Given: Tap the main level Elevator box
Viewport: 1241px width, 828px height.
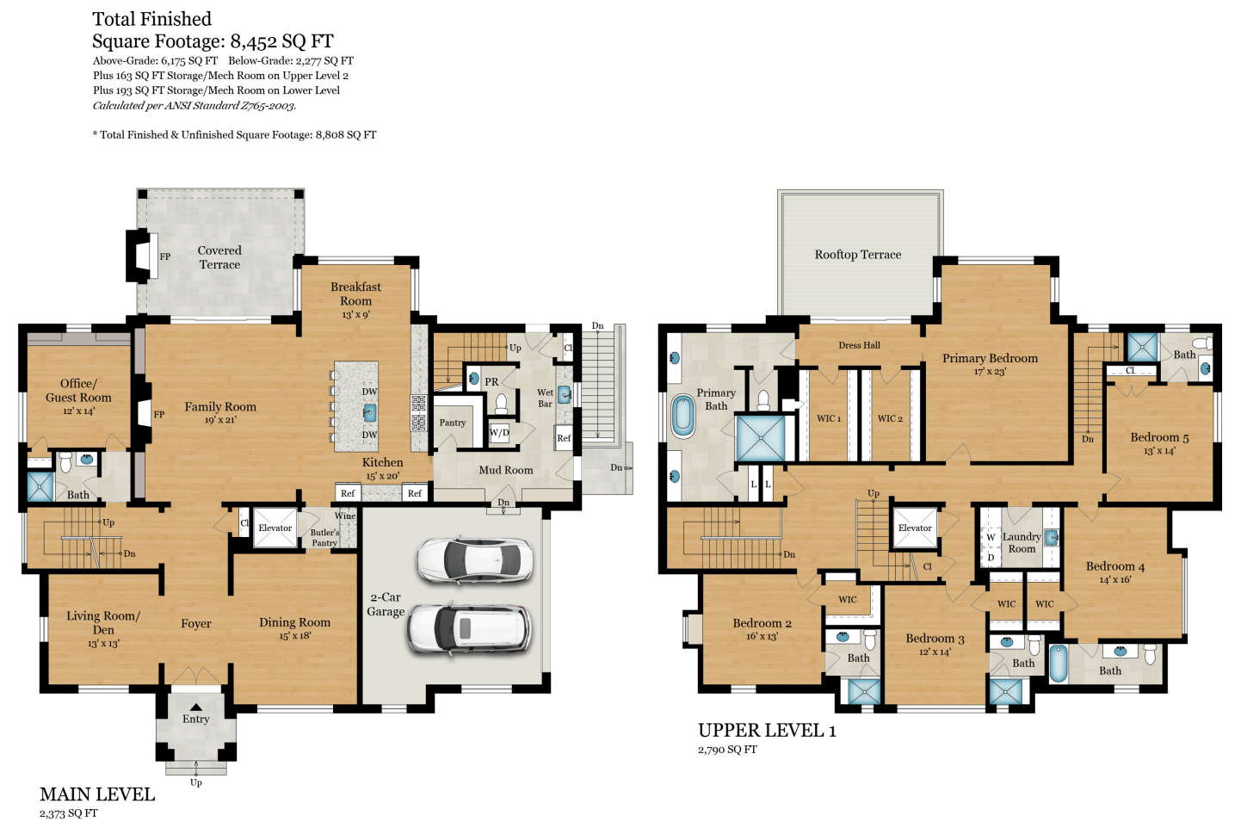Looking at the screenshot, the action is tap(275, 528).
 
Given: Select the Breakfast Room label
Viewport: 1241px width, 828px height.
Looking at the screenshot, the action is tap(355, 294).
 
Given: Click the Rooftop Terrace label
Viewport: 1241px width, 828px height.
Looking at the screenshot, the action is tap(858, 255).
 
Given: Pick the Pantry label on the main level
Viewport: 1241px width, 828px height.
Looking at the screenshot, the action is tap(453, 423).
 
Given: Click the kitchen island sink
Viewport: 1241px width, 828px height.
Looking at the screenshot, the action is tap(369, 413).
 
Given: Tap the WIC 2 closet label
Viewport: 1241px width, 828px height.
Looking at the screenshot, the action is tap(890, 418).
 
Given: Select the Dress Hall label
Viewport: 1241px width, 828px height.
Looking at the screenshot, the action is tap(859, 345).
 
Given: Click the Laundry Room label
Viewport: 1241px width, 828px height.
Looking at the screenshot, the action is tap(1022, 542).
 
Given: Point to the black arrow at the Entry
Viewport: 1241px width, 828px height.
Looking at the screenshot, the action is tap(196, 708).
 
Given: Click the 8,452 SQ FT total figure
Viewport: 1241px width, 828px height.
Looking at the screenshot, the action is tap(282, 41).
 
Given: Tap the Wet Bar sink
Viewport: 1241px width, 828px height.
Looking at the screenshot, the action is tap(564, 394).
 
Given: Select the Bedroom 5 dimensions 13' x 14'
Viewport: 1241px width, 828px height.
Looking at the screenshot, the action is tap(1159, 451).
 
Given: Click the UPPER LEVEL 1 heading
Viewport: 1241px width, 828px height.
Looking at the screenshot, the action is tap(767, 731).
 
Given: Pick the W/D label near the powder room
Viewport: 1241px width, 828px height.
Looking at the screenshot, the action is tap(499, 433).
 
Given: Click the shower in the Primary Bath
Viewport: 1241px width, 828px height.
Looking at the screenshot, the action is tap(761, 438).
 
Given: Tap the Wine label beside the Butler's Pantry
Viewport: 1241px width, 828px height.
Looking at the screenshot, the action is tap(345, 516).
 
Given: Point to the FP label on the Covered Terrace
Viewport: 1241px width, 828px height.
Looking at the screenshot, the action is tap(165, 256).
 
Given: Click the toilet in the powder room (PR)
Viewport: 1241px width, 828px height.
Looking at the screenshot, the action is tap(501, 403).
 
